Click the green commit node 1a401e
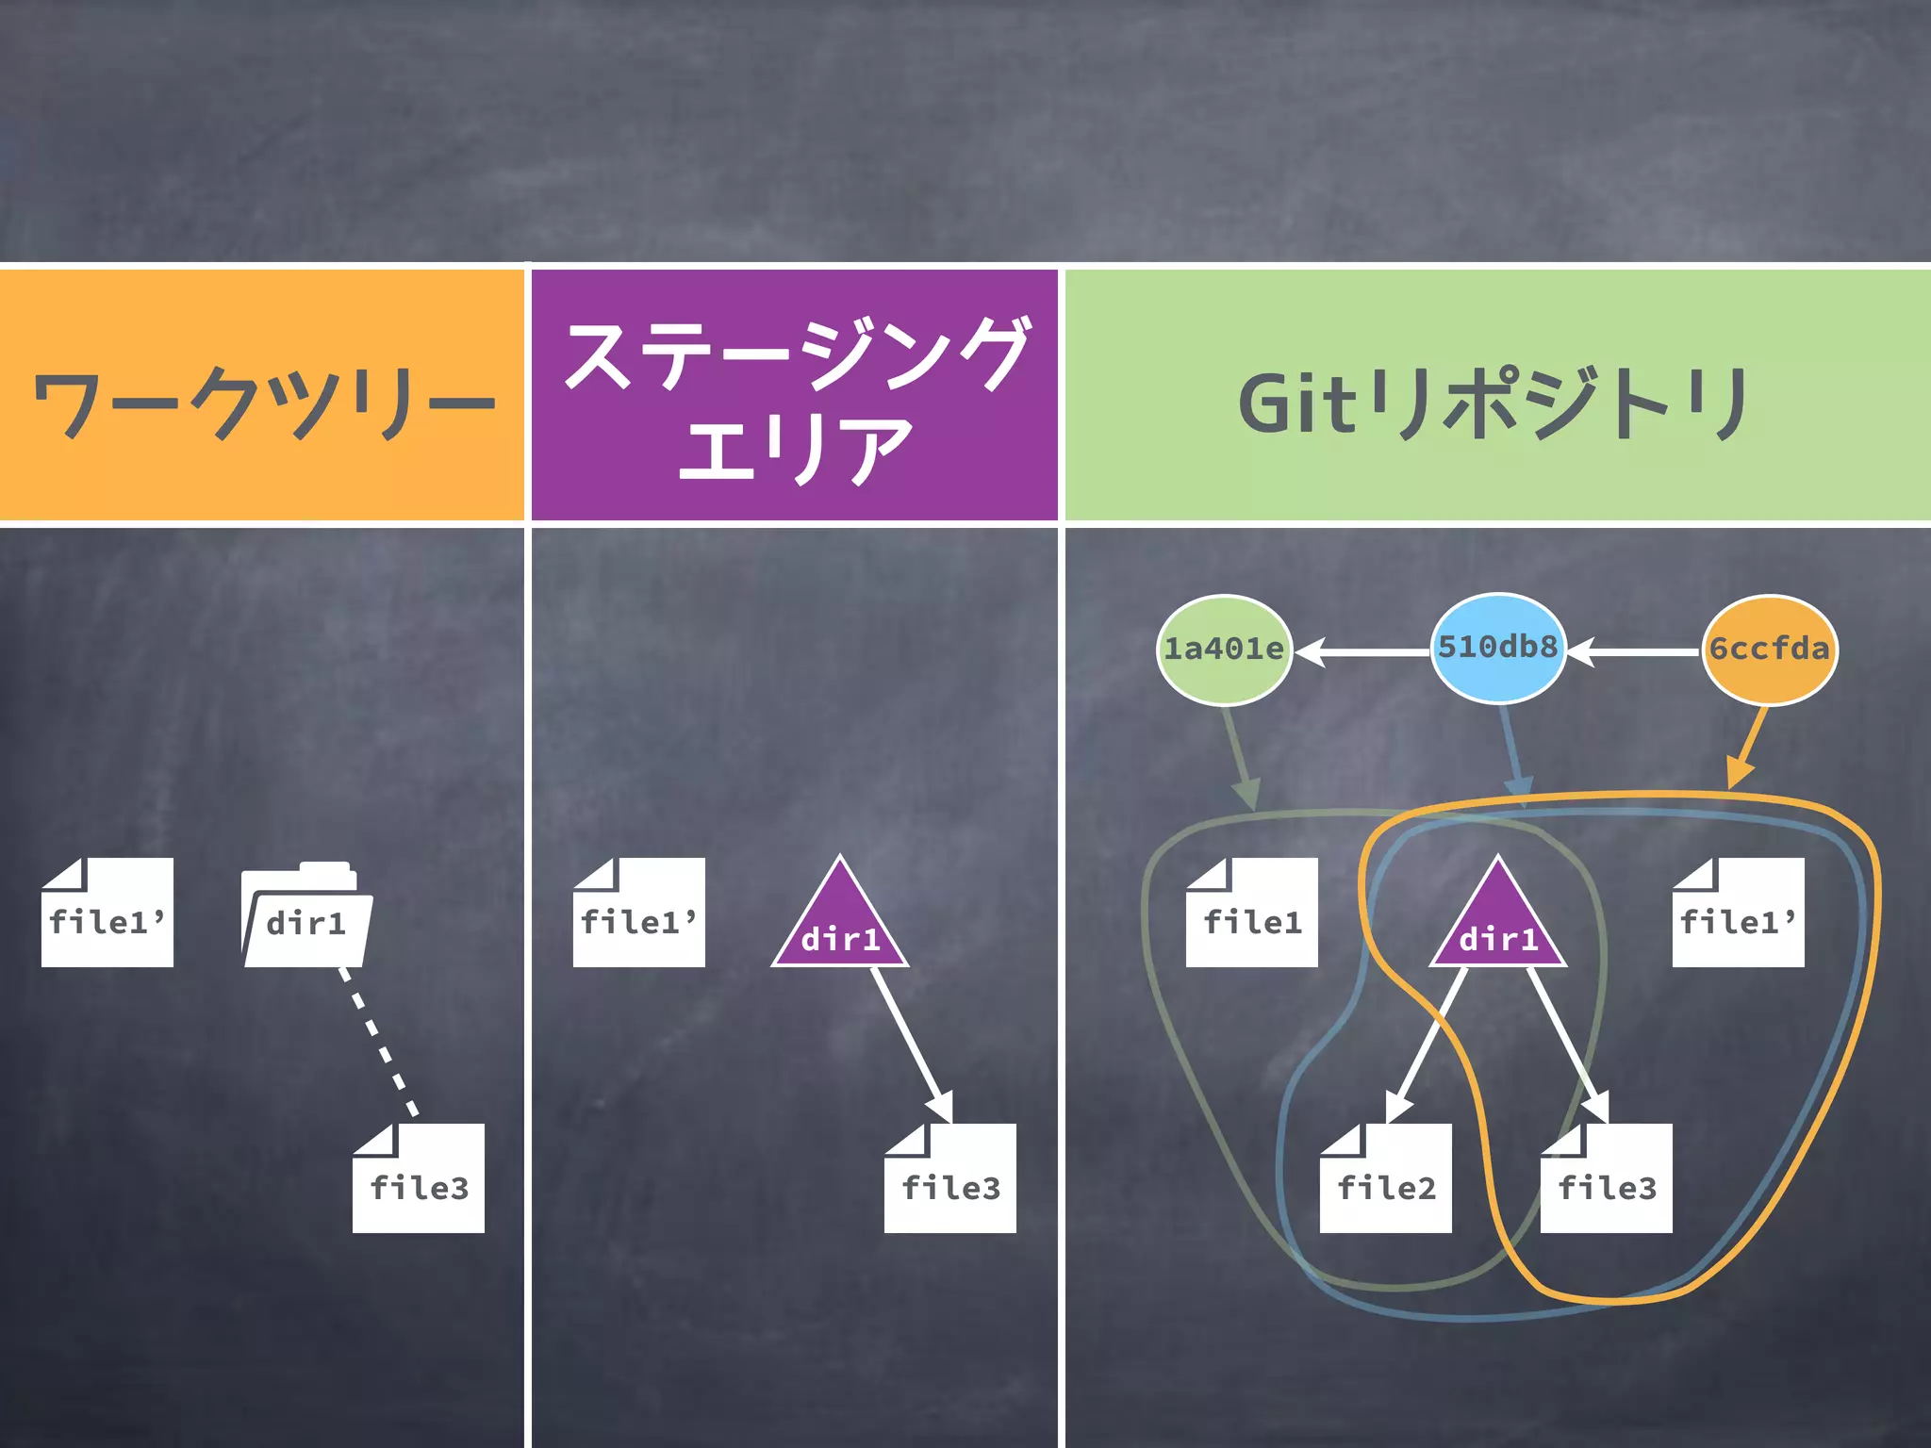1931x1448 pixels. point(1224,650)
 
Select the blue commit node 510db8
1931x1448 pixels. point(1498,648)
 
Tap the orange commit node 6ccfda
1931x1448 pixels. point(1770,650)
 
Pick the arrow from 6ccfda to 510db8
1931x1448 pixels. point(1636,651)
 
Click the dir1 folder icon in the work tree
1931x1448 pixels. point(306,915)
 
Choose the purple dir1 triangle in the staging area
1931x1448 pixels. point(840,924)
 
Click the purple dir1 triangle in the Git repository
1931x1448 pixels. point(1498,924)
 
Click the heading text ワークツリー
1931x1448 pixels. point(264,403)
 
